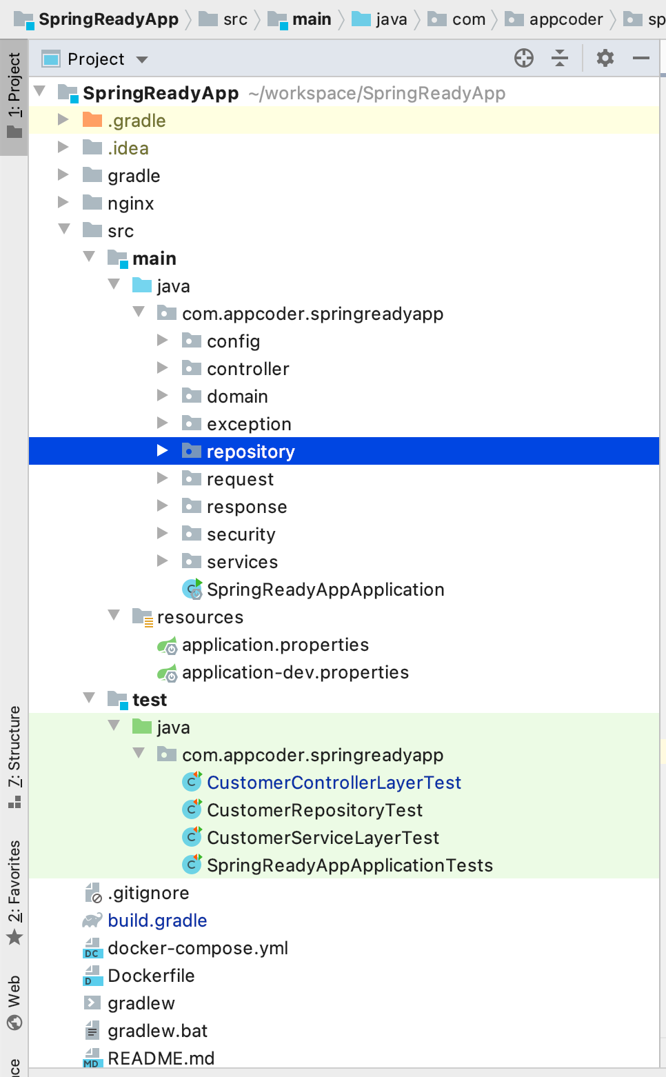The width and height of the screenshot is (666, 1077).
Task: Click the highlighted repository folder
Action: click(250, 452)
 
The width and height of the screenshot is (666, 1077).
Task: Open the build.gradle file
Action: click(157, 920)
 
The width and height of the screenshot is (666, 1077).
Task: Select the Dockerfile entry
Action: click(151, 976)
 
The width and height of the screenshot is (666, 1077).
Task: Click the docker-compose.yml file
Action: click(197, 948)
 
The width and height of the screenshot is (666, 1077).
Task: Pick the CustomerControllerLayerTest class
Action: click(334, 783)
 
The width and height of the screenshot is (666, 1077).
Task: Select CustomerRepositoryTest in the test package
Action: click(314, 810)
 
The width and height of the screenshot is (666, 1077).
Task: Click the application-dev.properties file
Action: click(295, 672)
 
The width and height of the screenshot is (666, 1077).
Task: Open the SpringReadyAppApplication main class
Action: click(325, 590)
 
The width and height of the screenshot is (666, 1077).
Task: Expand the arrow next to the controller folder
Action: click(163, 368)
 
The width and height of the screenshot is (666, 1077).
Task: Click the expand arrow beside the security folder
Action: click(163, 534)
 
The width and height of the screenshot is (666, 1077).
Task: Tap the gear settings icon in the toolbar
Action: click(605, 59)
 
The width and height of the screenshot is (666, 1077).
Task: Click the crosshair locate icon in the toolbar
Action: click(524, 59)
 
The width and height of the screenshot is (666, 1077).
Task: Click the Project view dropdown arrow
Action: click(142, 60)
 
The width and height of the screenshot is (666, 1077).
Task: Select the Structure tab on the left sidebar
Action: click(14, 755)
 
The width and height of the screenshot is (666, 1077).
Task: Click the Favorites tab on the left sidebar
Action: click(14, 889)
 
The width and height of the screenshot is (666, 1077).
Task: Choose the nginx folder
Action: click(130, 203)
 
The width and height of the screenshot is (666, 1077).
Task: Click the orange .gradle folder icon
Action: click(92, 121)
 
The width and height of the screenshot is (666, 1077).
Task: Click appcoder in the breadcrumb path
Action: click(565, 19)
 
